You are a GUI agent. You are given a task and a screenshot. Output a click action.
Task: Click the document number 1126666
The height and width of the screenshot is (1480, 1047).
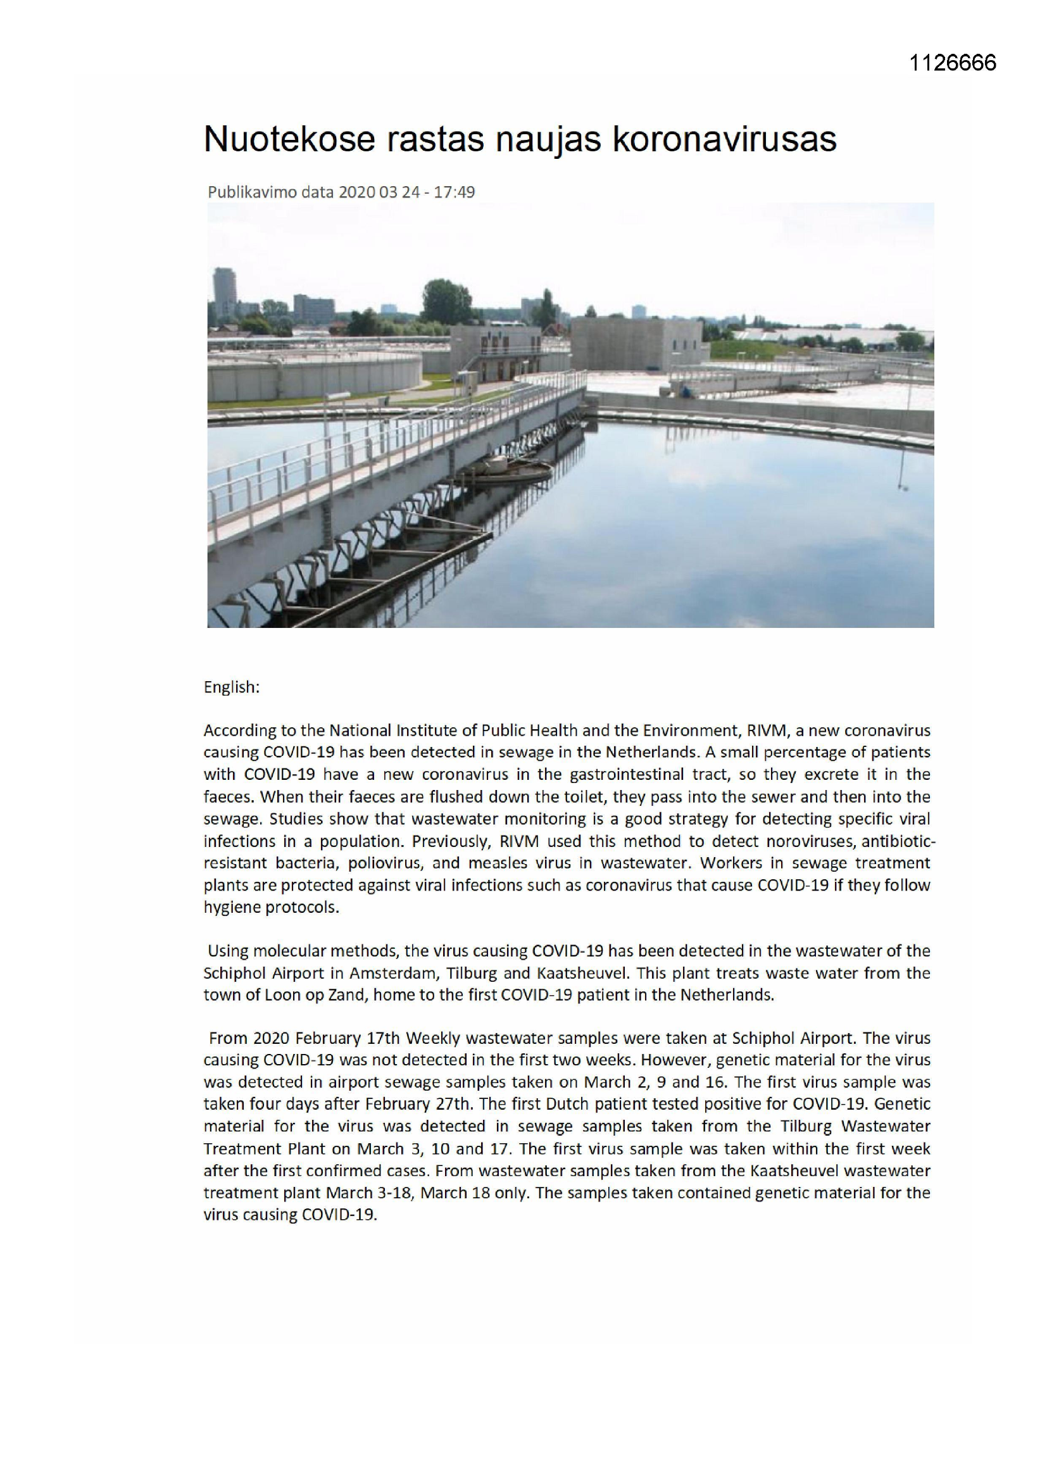point(952,63)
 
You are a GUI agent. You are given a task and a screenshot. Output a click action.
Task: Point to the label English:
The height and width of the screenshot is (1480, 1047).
point(232,688)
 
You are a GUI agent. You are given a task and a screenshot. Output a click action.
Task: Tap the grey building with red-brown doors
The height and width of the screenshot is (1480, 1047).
point(496,353)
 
